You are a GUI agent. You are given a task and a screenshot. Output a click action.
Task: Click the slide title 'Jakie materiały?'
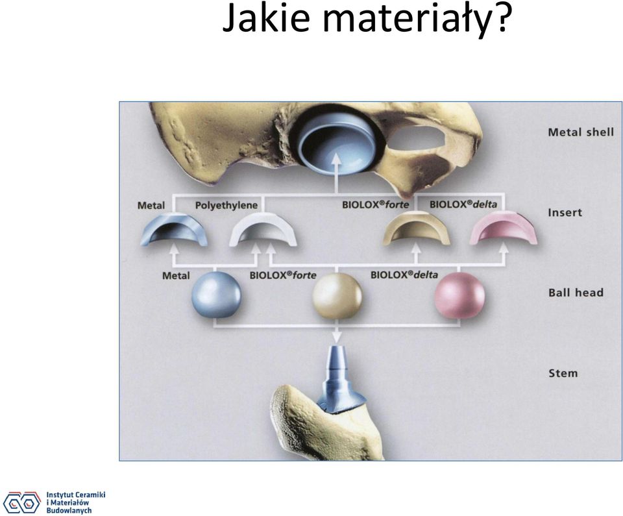365,19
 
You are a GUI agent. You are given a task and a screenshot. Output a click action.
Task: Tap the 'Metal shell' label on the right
581,132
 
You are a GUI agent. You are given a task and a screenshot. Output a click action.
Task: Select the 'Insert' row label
565,213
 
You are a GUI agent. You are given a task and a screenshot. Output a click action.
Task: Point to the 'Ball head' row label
576,293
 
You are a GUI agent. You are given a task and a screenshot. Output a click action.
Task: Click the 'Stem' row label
563,373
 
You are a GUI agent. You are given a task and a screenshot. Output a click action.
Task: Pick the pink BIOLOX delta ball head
459,295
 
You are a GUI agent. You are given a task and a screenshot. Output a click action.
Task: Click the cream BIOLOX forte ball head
337,295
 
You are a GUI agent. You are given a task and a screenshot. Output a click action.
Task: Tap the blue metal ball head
216,295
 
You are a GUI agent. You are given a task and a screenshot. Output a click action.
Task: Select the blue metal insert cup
174,230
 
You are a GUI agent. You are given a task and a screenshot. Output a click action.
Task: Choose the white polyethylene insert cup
263,230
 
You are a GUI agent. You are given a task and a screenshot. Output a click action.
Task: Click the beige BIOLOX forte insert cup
416,229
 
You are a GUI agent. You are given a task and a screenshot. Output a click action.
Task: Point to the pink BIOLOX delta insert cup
503,229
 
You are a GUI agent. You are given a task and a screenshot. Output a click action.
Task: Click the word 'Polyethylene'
226,206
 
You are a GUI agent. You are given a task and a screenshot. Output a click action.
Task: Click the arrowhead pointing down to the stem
337,337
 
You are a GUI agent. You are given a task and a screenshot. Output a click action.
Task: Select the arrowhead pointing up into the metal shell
337,160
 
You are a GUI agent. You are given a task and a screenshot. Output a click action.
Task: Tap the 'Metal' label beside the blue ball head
176,275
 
